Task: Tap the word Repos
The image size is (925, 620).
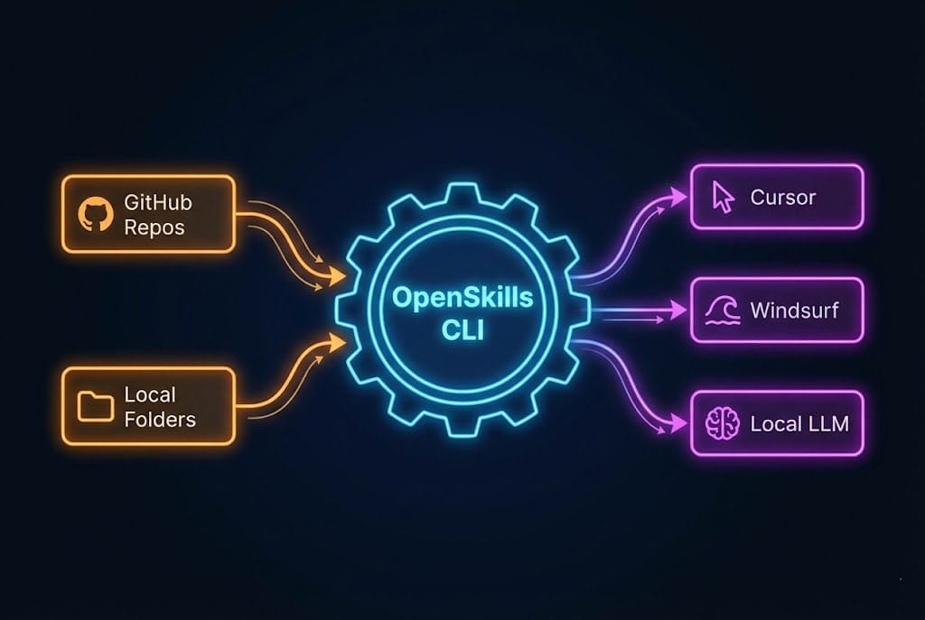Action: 154,227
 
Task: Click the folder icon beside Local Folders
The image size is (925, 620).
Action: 94,406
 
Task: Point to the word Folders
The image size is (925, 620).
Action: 160,419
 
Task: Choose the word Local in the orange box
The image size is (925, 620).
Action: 150,394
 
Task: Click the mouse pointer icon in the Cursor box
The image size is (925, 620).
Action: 723,197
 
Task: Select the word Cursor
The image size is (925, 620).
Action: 782,198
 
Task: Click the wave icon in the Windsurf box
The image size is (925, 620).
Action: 723,311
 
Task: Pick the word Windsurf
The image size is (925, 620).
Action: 794,311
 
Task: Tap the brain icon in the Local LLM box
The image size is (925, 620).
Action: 723,422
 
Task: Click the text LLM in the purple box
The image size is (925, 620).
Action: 826,422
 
